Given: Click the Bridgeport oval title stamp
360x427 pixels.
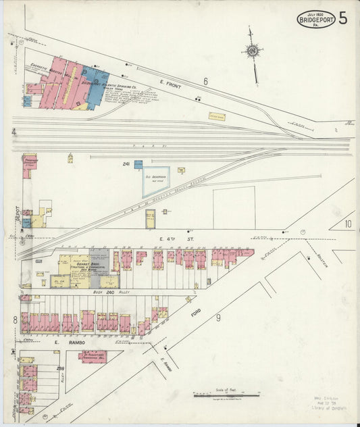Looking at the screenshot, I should click(x=316, y=20).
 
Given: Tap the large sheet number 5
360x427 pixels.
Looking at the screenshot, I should click(x=344, y=18).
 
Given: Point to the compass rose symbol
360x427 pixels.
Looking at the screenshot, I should click(x=252, y=51).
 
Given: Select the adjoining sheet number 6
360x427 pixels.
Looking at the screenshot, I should click(x=205, y=81).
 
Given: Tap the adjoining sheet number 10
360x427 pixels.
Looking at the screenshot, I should click(x=348, y=224).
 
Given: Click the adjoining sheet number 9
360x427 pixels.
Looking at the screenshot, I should click(x=218, y=316).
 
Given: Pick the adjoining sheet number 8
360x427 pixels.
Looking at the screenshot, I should click(x=14, y=319).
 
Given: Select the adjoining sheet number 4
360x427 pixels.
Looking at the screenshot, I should click(x=14, y=132).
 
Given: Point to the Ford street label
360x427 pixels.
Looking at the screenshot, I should click(x=196, y=315).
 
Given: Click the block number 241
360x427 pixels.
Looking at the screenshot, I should click(x=126, y=164).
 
